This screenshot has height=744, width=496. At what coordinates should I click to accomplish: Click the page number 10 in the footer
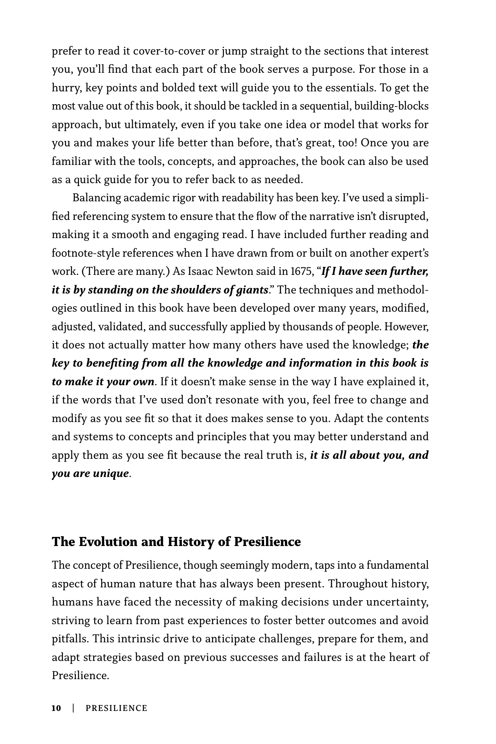56,708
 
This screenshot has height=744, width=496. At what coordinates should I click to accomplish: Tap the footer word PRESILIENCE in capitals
116,708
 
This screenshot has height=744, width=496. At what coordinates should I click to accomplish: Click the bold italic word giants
251,290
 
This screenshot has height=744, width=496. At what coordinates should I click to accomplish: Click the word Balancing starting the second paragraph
97,198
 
